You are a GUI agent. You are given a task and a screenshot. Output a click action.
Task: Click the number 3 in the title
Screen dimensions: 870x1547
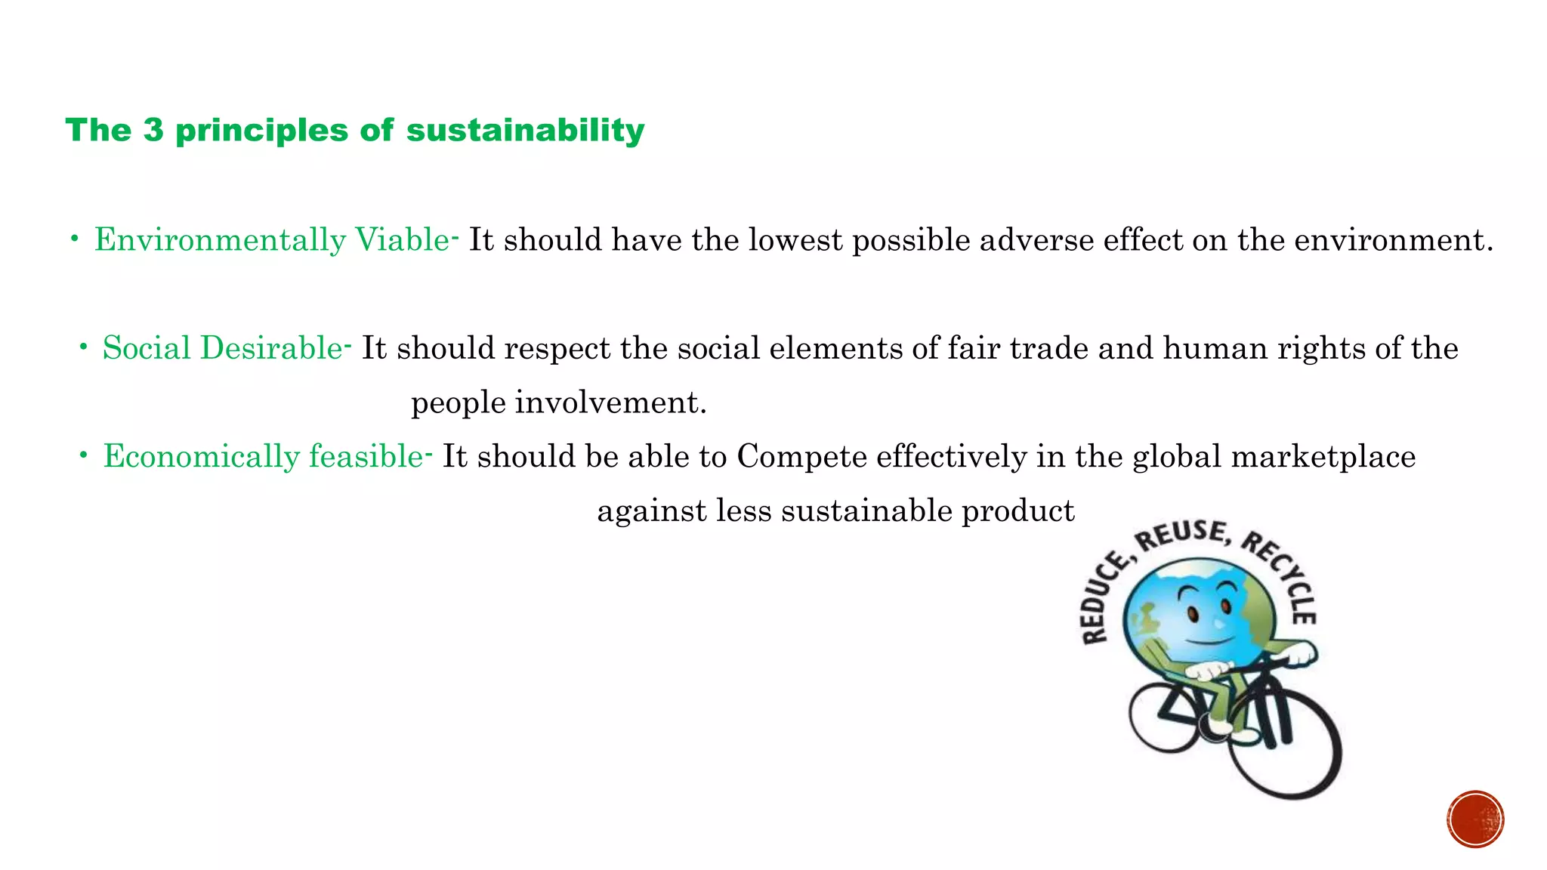[x=153, y=130]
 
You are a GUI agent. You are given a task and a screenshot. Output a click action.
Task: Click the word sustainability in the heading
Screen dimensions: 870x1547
[x=525, y=130]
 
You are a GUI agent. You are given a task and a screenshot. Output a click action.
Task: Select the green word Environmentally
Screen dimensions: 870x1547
[x=220, y=240]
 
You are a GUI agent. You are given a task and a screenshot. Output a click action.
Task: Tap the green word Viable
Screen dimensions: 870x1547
[x=403, y=240]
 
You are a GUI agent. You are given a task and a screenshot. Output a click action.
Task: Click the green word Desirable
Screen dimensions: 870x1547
[x=271, y=348]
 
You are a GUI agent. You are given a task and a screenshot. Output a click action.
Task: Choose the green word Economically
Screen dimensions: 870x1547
[x=202, y=457]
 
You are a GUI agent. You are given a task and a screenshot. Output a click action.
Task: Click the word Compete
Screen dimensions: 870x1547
[x=801, y=457]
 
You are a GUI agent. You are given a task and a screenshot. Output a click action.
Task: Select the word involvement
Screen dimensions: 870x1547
[x=610, y=403]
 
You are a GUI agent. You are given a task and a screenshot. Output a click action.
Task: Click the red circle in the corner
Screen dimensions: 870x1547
[x=1475, y=819]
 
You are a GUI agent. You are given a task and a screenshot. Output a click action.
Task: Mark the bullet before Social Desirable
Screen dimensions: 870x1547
[x=84, y=348]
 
